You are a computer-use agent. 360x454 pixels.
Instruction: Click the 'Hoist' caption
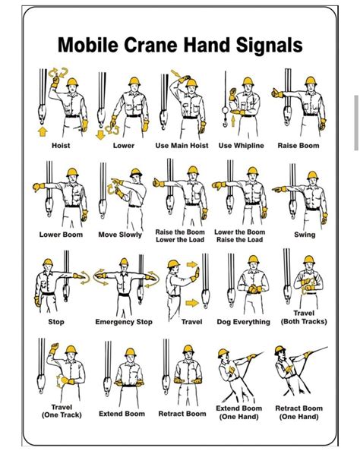tap(61, 145)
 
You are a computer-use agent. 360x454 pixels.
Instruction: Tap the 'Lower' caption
tap(124, 145)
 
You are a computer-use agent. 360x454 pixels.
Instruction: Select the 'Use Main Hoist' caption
tap(182, 145)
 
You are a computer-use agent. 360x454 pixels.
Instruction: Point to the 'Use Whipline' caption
tap(242, 145)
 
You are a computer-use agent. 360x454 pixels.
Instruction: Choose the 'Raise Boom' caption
tap(298, 145)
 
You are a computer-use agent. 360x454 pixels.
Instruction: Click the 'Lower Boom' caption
tap(61, 235)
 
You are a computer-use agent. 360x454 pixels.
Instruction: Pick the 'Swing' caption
tap(305, 235)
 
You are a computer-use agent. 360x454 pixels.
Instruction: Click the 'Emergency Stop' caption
tap(124, 322)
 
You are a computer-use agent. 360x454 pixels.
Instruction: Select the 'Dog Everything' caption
tap(243, 322)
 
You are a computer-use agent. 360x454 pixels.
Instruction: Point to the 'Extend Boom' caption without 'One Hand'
tap(122, 414)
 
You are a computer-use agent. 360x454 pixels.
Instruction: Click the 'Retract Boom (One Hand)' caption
tap(299, 412)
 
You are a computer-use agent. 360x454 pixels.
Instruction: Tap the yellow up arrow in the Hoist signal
tap(42, 132)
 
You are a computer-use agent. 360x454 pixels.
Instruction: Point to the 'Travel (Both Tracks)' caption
tap(304, 317)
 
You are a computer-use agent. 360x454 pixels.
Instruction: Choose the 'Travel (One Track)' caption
tap(61, 411)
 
